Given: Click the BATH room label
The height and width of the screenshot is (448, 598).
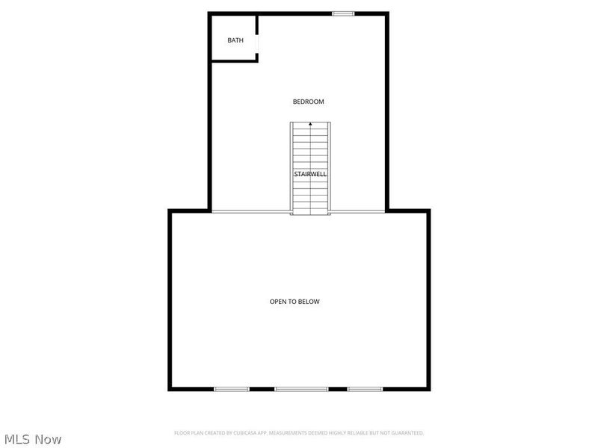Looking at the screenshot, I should click(x=235, y=40).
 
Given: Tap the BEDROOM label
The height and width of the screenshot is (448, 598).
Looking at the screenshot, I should click(x=308, y=102).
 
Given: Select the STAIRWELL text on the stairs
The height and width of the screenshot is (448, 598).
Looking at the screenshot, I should click(x=309, y=174).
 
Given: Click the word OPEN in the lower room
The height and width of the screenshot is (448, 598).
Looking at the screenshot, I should click(x=278, y=302).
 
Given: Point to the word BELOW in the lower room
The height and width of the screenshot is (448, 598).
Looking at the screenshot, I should click(x=309, y=302).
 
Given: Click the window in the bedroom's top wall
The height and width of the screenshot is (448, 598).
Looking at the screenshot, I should click(x=343, y=13).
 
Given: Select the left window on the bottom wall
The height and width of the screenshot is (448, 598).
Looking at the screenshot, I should click(x=232, y=389).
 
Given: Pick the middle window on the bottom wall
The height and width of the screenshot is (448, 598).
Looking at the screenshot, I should click(x=301, y=389).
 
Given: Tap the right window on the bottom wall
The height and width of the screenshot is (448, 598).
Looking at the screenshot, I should click(x=365, y=389).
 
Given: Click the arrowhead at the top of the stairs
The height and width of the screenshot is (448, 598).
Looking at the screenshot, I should click(x=310, y=124).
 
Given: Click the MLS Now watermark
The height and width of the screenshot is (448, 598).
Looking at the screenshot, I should click(x=32, y=439).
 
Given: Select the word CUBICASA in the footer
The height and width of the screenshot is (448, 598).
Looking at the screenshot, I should click(x=254, y=433).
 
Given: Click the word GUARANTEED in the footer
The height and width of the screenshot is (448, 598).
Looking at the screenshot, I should click(x=407, y=433).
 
